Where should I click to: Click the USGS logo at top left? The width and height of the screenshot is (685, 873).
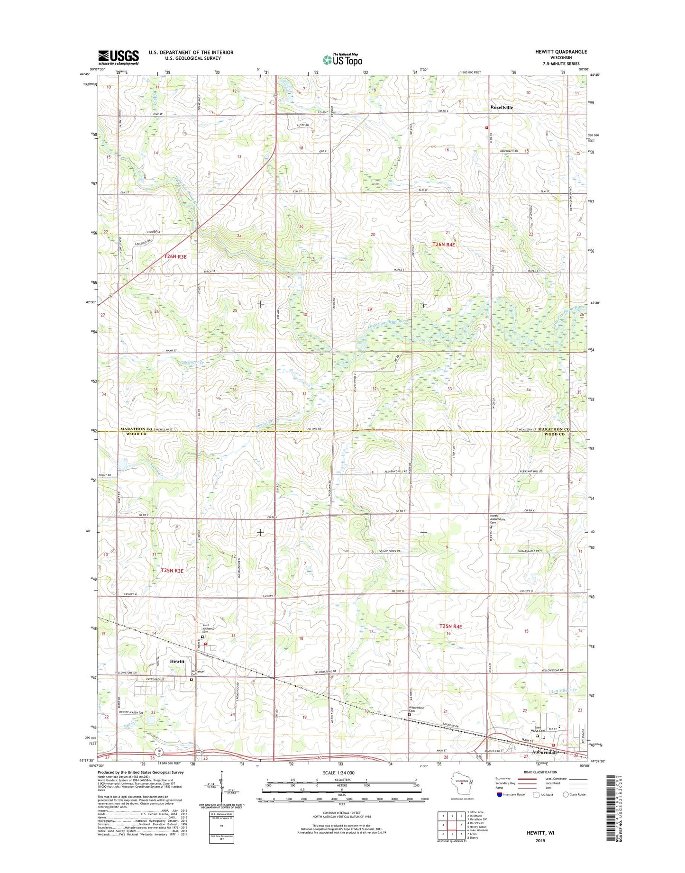click(119, 57)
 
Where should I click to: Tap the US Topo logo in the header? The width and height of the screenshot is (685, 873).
click(342, 60)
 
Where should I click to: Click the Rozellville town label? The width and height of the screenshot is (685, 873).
click(502, 108)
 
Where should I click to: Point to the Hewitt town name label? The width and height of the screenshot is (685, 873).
click(177, 661)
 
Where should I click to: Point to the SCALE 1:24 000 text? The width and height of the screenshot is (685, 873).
click(338, 773)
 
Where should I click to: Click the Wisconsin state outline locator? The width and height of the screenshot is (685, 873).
click(461, 782)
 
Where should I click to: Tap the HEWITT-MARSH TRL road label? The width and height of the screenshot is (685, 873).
click(131, 712)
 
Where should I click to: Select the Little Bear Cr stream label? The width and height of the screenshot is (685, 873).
click(565, 691)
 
